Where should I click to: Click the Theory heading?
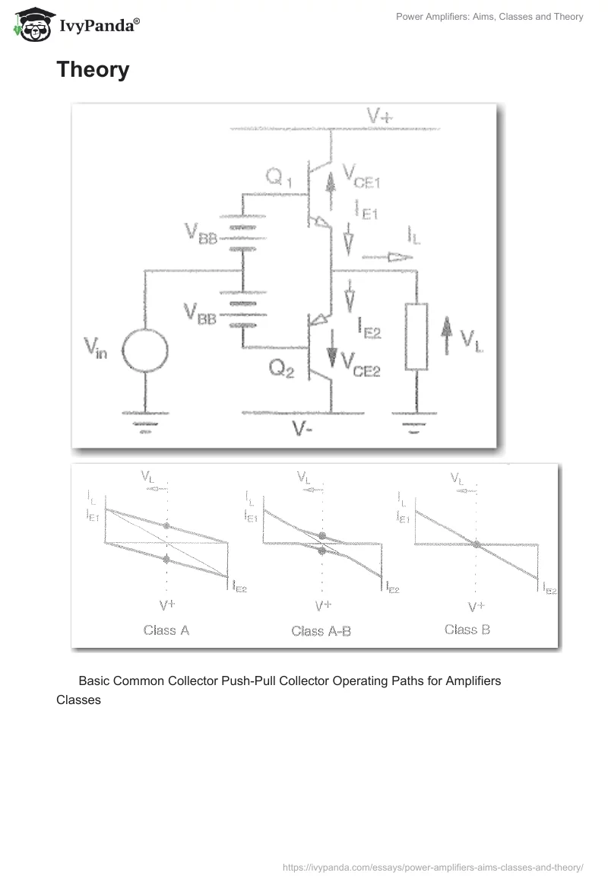click(93, 70)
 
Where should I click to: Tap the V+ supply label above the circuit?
click(380, 116)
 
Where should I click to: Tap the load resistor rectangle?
click(416, 336)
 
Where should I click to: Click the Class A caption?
click(166, 630)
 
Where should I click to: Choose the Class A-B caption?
click(321, 631)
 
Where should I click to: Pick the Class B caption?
click(467, 630)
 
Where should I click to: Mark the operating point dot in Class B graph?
click(476, 544)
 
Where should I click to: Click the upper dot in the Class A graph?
click(167, 526)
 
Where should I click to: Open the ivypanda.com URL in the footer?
click(432, 866)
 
